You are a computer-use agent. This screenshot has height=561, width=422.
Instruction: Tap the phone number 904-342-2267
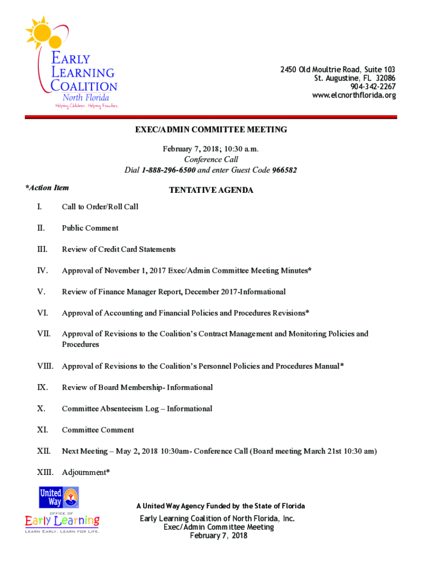point(373,87)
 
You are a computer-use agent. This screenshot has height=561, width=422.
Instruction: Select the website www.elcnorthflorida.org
point(353,95)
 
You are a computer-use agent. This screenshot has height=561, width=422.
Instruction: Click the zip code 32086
point(383,78)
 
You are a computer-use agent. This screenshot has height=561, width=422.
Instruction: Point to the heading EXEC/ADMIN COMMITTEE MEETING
point(211,130)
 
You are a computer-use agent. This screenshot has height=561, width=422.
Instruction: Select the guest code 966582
point(284,170)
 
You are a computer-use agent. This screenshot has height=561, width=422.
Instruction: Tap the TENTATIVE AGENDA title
point(211,190)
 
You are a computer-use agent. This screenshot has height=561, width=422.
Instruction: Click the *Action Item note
point(47,187)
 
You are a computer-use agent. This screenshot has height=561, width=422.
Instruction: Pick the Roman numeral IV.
point(42,270)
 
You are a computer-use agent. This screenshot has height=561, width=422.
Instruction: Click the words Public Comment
point(90,228)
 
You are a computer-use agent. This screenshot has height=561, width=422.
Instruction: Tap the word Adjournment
point(84,472)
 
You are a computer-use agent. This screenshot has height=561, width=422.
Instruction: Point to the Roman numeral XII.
point(44,451)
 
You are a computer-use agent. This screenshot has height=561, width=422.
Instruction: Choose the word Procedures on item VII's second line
point(81,345)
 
